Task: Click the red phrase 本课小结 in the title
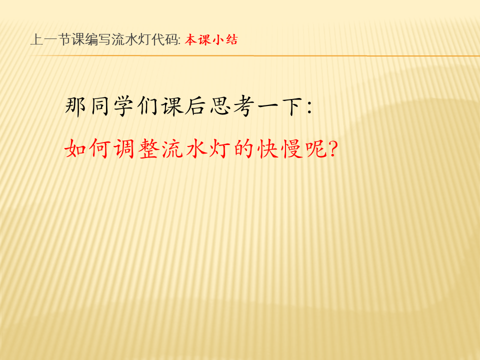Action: (x=211, y=40)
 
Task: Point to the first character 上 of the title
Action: (x=36, y=40)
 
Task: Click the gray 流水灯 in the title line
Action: (x=131, y=40)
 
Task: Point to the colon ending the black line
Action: (x=309, y=108)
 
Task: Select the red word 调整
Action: (x=136, y=149)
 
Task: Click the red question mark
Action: (x=333, y=149)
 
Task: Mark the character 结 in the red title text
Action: (x=231, y=40)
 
